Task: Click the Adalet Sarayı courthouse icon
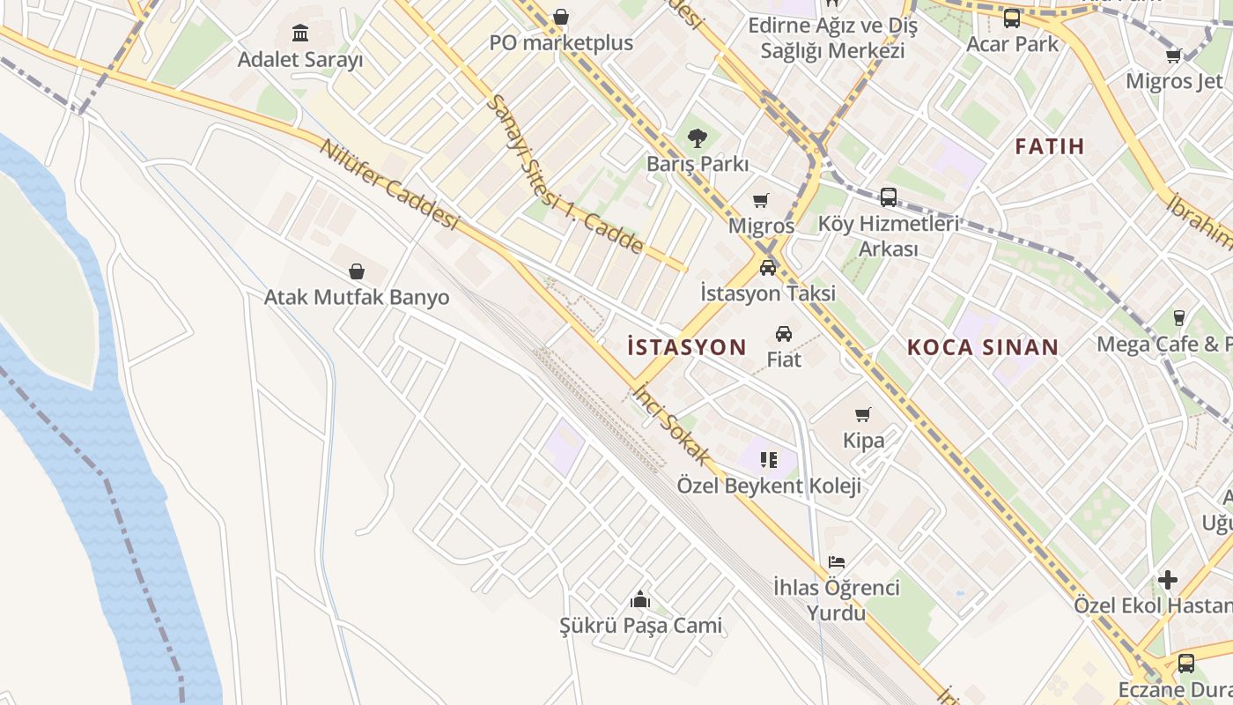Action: point(300,33)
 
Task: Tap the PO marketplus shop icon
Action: point(561,17)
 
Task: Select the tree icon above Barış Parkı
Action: point(697,137)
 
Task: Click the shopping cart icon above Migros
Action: point(761,200)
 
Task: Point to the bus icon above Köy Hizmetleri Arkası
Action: point(888,197)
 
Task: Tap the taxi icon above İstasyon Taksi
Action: point(768,267)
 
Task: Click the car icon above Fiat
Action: point(783,333)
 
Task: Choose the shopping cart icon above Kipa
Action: point(863,414)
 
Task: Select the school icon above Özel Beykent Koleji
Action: point(769,459)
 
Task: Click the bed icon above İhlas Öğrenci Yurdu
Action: point(837,561)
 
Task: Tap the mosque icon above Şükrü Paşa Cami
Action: point(640,599)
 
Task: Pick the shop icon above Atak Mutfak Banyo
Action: point(357,271)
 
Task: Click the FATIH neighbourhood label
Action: point(1049,146)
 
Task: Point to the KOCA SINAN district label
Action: point(983,347)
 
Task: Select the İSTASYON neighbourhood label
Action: point(687,347)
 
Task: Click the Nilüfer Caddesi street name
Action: point(390,185)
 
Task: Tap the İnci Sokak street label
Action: point(672,423)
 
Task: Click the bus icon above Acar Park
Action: point(1012,18)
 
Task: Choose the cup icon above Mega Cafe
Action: point(1179,317)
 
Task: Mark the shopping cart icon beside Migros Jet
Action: point(1173,56)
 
